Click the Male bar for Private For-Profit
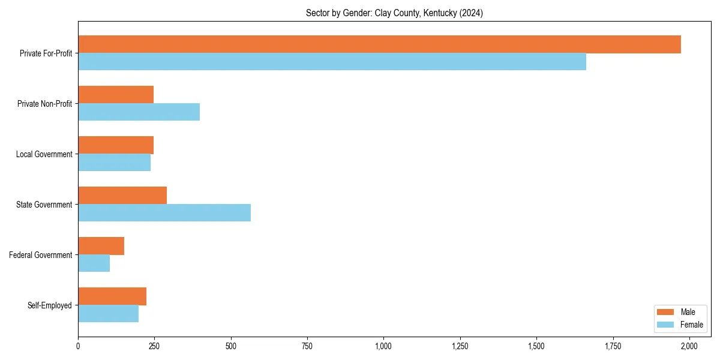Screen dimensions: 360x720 (379, 44)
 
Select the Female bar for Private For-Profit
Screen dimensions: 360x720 (332, 62)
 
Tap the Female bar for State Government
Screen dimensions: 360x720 (164, 213)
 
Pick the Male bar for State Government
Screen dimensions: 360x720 (122, 196)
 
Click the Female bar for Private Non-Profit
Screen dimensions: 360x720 (139, 112)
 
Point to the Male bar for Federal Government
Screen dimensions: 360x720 (101, 246)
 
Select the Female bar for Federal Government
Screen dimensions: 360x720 (94, 263)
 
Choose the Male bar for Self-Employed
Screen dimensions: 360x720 (112, 296)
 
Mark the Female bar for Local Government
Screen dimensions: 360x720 (114, 163)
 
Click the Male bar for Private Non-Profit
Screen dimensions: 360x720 (116, 95)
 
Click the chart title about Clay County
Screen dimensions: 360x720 (394, 13)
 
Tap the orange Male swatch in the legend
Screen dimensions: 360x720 (666, 312)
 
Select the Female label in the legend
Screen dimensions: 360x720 (692, 325)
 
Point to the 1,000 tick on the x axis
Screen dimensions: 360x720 (383, 346)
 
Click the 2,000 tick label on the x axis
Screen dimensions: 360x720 (689, 346)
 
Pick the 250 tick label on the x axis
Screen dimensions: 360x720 (154, 346)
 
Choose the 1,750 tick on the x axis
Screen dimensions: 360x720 (613, 346)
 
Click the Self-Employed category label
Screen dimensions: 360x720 (50, 305)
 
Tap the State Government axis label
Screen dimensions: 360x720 (44, 205)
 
